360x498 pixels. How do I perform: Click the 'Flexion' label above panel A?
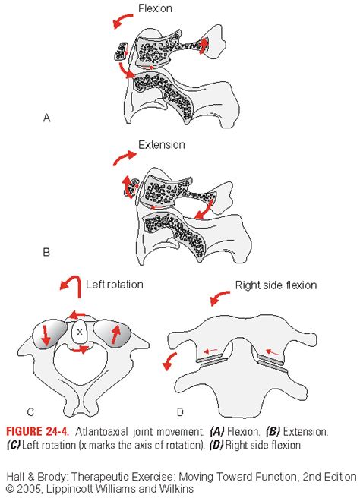155,8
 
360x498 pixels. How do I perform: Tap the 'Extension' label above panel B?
162,145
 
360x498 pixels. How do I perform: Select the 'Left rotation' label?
115,284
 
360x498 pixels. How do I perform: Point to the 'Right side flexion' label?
276,285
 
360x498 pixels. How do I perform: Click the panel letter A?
46,118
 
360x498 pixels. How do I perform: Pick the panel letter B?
46,252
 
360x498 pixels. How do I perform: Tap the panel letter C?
30,412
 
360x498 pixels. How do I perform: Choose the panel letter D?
180,412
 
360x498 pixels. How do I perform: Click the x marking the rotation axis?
80,332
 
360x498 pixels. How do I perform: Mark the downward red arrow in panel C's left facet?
46,335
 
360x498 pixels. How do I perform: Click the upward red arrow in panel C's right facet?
116,335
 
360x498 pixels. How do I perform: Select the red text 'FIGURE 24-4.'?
37,431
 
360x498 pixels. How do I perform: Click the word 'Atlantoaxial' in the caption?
102,432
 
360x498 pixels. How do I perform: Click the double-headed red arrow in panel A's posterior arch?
204,46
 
